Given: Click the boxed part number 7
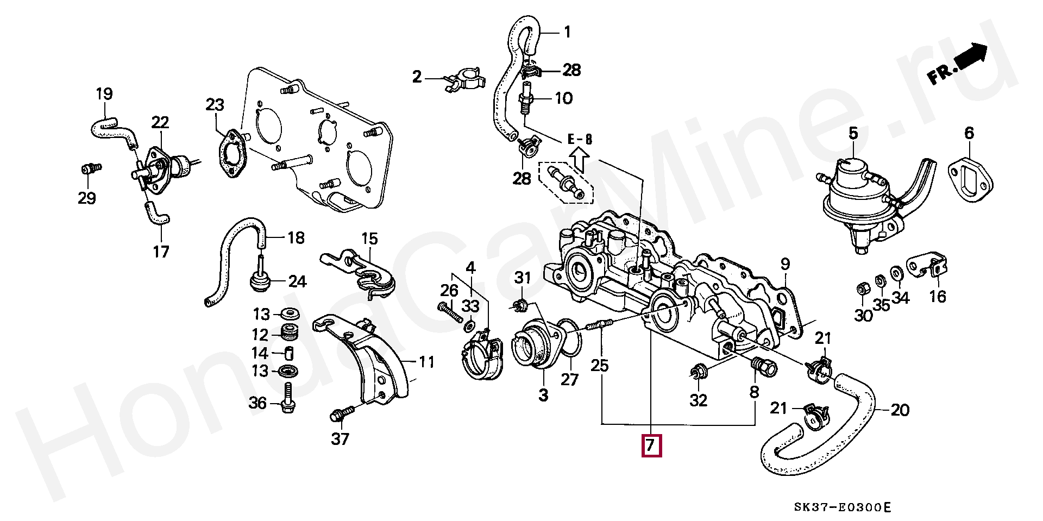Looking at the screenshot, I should (651, 445).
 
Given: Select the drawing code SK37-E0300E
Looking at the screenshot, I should (842, 508).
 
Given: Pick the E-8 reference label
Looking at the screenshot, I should (580, 139).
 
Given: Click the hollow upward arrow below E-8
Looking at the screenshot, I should (579, 160).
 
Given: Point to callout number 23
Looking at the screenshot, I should (215, 104).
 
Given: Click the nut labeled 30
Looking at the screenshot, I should (862, 288).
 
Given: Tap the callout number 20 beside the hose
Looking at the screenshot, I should (900, 410).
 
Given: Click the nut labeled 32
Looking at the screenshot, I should (696, 373).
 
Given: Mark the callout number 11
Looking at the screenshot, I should (427, 362).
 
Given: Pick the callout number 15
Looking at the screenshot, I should (369, 238).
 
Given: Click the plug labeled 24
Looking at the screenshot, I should (260, 281).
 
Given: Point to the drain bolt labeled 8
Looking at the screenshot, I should (763, 368).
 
